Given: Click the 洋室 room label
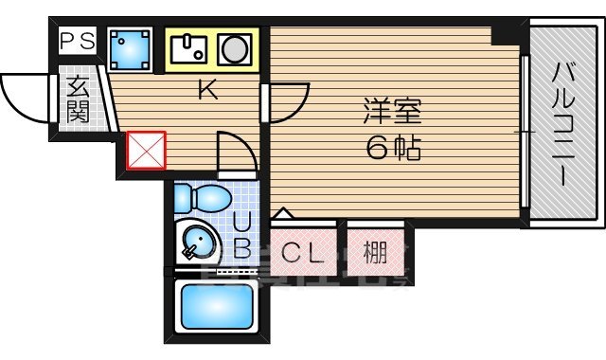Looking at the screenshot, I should [x=390, y=110].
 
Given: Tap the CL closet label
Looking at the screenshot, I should [x=304, y=253].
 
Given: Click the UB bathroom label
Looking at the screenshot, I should [x=242, y=237].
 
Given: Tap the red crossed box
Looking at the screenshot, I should [x=146, y=150].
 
